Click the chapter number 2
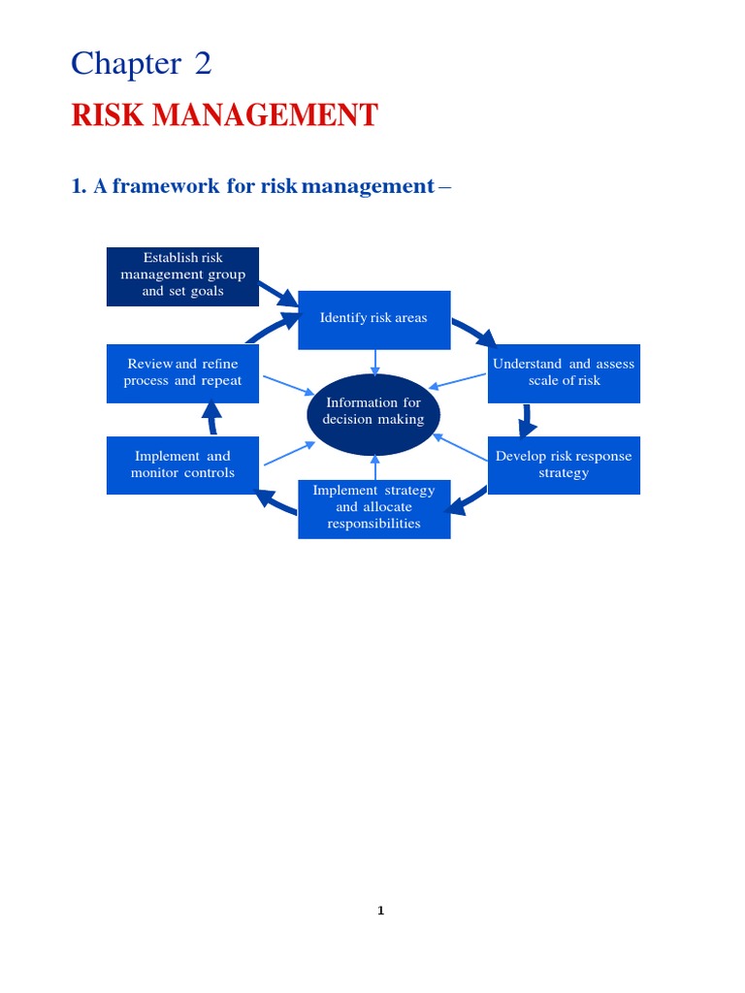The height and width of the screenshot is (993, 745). point(201,65)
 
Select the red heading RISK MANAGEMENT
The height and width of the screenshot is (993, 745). point(224,116)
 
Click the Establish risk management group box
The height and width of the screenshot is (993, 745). point(182,275)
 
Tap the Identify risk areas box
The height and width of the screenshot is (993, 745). point(373,319)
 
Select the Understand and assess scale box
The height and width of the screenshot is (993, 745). point(564,372)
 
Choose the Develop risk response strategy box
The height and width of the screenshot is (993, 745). point(564,464)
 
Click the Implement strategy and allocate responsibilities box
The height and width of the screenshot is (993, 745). point(373,508)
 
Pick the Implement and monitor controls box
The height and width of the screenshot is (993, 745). point(182,464)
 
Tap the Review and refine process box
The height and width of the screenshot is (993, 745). point(182,372)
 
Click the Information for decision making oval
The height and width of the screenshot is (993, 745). point(373,412)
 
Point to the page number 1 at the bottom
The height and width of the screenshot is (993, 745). point(381,911)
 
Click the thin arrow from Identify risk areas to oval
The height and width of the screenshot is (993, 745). point(374,362)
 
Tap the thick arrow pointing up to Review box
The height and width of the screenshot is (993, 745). point(210,417)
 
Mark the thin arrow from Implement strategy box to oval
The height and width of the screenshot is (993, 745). point(374,467)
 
